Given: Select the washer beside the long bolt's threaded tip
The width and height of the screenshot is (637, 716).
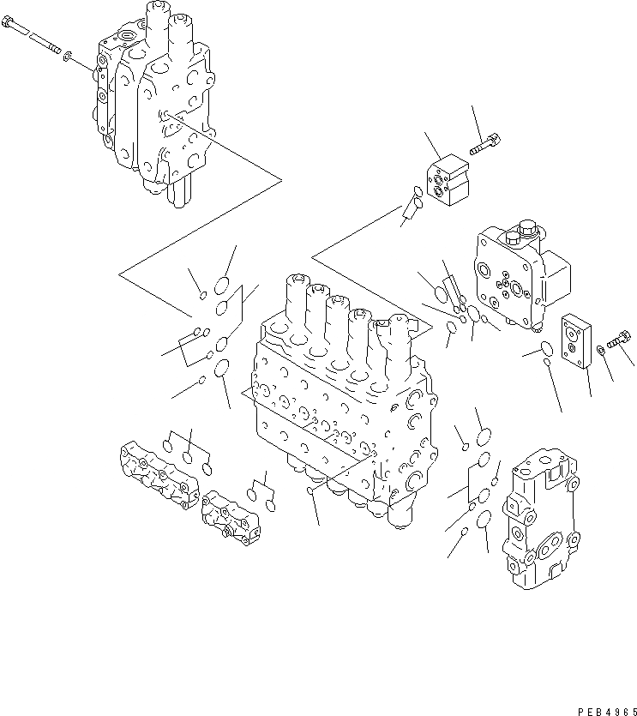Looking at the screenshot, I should pos(67,59).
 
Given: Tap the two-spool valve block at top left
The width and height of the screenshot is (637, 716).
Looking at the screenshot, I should pos(154,103).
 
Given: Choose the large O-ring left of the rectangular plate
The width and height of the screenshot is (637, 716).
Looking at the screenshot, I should pos(538,347).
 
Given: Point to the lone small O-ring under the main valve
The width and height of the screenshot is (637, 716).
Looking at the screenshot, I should pos(309,491).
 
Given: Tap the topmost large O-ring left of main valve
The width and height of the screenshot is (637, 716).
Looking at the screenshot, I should pos(221,286).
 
